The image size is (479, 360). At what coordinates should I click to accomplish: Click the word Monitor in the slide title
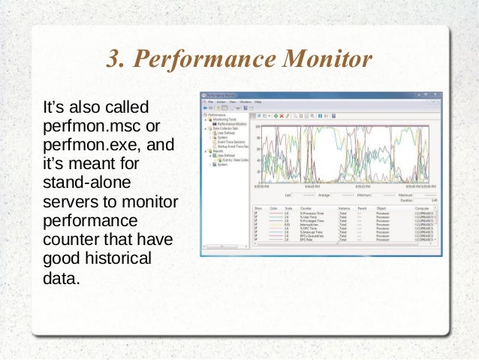click(x=329, y=59)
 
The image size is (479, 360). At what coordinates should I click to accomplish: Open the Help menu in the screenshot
click(x=258, y=101)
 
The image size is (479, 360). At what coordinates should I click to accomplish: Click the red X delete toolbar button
click(x=281, y=116)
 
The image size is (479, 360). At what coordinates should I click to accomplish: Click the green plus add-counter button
click(x=275, y=116)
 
